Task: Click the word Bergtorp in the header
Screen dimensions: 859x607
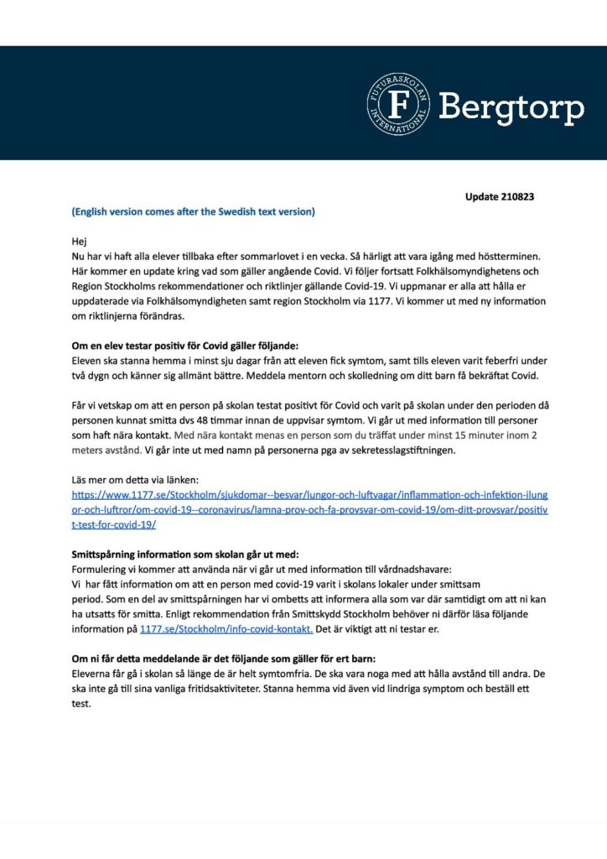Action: click(511, 107)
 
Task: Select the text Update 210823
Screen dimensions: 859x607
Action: click(500, 197)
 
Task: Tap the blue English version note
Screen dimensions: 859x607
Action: click(193, 211)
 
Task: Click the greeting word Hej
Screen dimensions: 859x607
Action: click(79, 240)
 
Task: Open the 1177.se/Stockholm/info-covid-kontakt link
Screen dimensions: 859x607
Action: click(226, 629)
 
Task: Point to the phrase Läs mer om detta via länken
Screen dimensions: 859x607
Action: click(135, 480)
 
